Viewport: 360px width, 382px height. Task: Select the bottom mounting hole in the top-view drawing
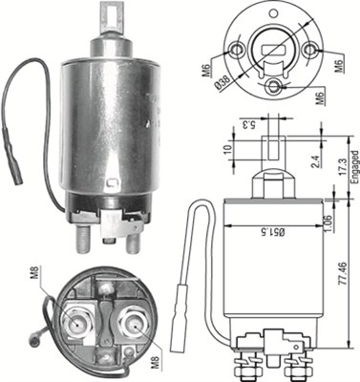(277, 89)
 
